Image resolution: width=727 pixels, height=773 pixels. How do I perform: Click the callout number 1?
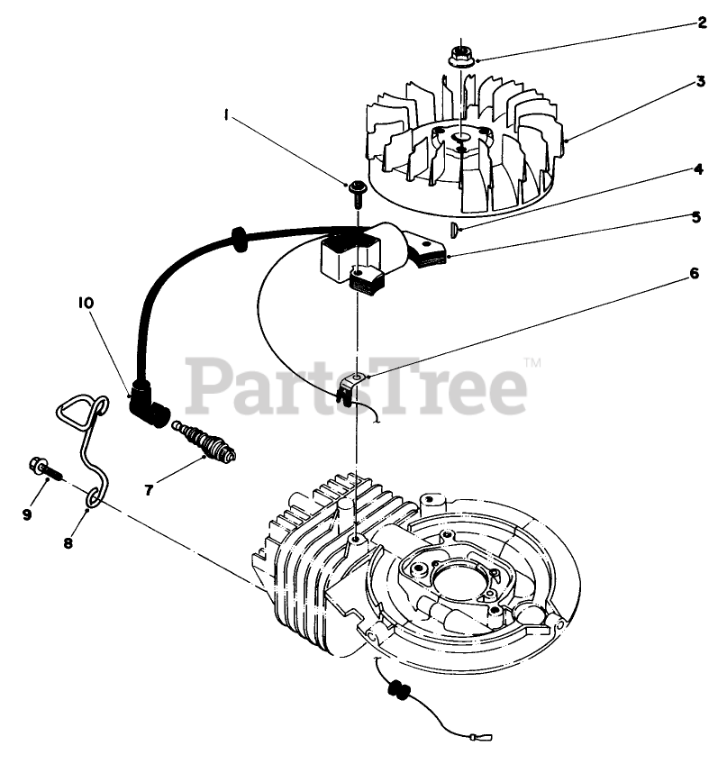click(x=228, y=114)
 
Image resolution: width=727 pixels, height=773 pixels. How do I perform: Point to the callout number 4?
click(x=697, y=168)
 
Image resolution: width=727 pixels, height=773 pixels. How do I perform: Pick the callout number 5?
click(x=697, y=216)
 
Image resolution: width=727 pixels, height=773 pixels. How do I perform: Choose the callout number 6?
click(x=694, y=274)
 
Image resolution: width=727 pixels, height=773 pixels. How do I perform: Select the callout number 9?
click(x=27, y=514)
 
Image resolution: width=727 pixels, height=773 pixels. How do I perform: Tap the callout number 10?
click(x=85, y=304)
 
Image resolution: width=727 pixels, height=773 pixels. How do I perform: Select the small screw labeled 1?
click(x=358, y=189)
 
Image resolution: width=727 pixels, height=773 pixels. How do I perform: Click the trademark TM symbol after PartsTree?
click(x=532, y=364)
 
